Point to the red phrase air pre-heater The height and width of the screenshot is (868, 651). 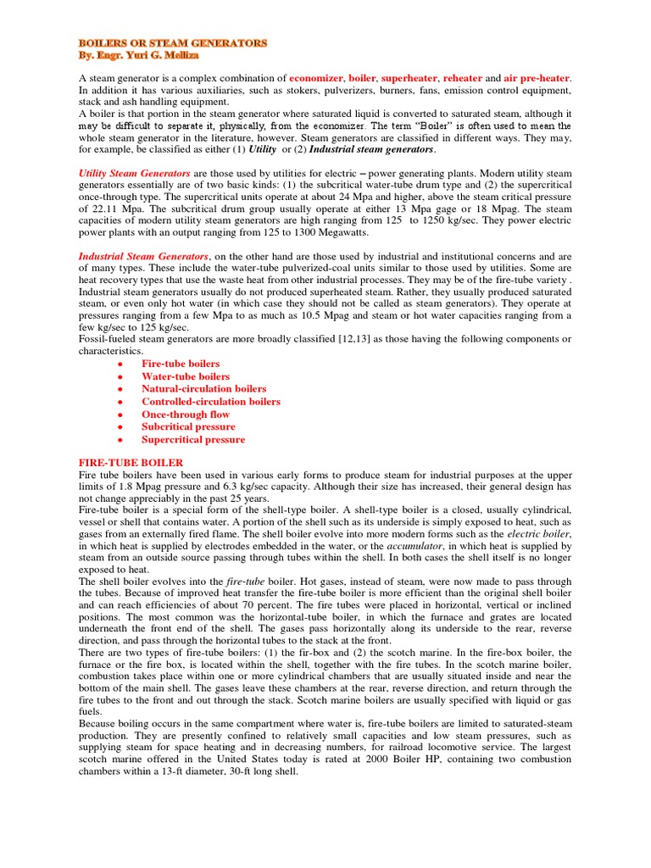point(537,78)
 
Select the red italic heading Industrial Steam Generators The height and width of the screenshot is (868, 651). point(143,255)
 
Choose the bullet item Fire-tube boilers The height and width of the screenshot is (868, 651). point(181,364)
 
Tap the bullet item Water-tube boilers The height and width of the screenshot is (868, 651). point(186,376)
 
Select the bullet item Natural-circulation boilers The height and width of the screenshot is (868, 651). point(203,389)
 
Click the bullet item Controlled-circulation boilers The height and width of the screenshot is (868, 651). point(211,402)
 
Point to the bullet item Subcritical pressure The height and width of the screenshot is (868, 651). point(188,427)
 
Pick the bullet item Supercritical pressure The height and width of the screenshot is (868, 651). point(193,440)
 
